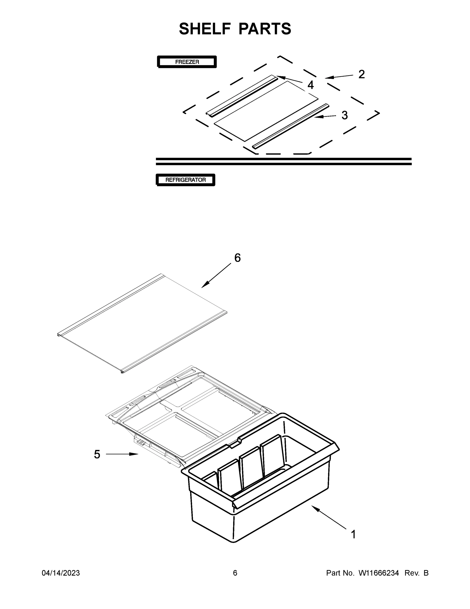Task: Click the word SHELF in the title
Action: (205, 29)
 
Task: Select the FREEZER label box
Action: (187, 62)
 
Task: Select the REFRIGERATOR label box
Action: (185, 180)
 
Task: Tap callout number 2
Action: (361, 74)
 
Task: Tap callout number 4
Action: (310, 85)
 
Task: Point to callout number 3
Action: (345, 115)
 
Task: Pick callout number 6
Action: (237, 258)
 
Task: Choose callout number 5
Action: (97, 454)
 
